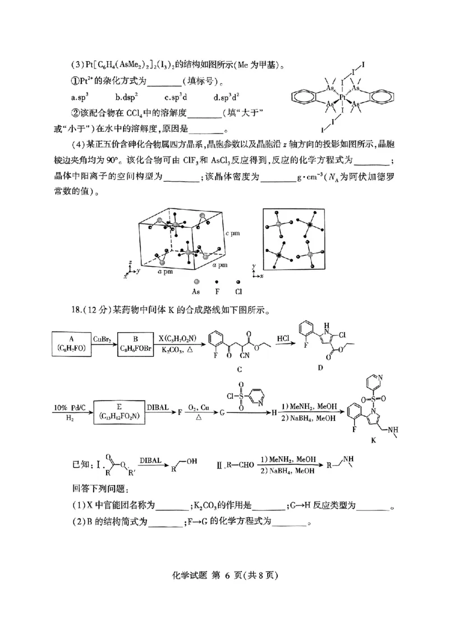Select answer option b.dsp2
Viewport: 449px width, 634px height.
(x=128, y=97)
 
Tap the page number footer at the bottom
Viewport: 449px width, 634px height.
(x=224, y=607)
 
